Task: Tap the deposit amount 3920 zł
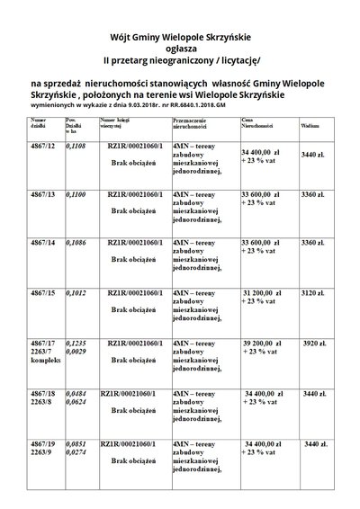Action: [313, 344]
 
